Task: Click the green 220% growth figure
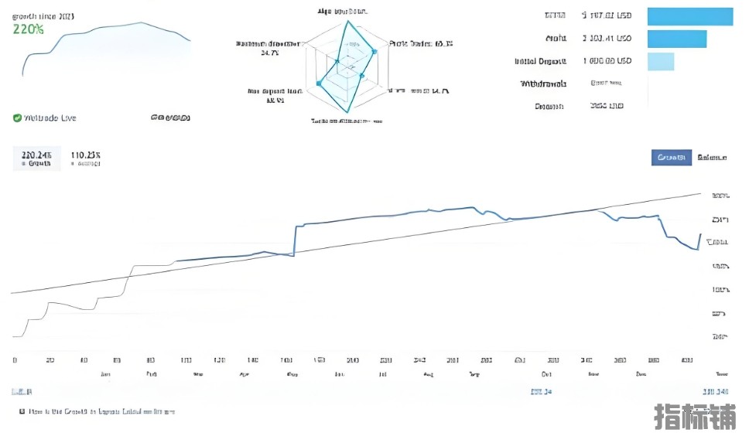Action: point(28,29)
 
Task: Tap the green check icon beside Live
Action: point(17,118)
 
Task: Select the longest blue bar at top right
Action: point(689,16)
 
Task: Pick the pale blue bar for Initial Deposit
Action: point(660,61)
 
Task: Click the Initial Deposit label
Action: point(541,61)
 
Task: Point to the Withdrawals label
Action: point(543,83)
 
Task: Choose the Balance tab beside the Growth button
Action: point(711,158)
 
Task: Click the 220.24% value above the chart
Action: point(36,155)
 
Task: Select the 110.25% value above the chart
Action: point(86,155)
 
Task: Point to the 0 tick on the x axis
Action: point(15,360)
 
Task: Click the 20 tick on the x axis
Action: point(50,360)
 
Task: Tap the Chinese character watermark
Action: point(696,416)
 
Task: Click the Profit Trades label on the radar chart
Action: point(420,44)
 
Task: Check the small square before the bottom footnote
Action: point(22,412)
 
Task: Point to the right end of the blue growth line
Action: point(700,233)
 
